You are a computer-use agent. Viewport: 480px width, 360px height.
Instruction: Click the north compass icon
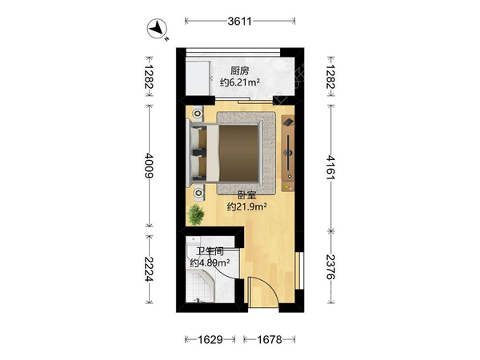[157, 29]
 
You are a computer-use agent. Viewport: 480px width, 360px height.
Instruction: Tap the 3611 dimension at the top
[240, 21]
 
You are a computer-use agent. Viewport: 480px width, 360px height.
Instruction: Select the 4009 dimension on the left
[149, 166]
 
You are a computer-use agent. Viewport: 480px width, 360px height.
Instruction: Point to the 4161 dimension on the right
[331, 167]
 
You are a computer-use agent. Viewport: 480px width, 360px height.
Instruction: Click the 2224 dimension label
[149, 269]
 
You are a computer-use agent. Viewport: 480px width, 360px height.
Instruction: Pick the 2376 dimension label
[331, 266]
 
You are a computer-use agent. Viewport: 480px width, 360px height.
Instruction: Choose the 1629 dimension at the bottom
[210, 339]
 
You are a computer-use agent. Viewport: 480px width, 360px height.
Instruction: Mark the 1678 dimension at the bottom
[270, 339]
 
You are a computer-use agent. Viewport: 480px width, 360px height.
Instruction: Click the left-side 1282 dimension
[149, 76]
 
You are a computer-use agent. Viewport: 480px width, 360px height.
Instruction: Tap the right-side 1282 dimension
[331, 76]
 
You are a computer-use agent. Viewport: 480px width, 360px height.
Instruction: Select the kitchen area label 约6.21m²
[240, 82]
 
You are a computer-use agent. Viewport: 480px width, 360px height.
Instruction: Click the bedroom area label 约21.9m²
[246, 207]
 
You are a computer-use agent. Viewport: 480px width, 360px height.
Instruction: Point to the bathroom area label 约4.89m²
[210, 262]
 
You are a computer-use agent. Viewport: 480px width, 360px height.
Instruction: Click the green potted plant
[196, 214]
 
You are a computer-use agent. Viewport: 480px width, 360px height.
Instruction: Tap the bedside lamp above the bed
[198, 114]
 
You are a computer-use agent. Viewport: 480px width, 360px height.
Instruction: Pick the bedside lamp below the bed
[198, 193]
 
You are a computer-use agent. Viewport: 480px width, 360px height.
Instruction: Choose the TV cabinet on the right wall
[288, 153]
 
